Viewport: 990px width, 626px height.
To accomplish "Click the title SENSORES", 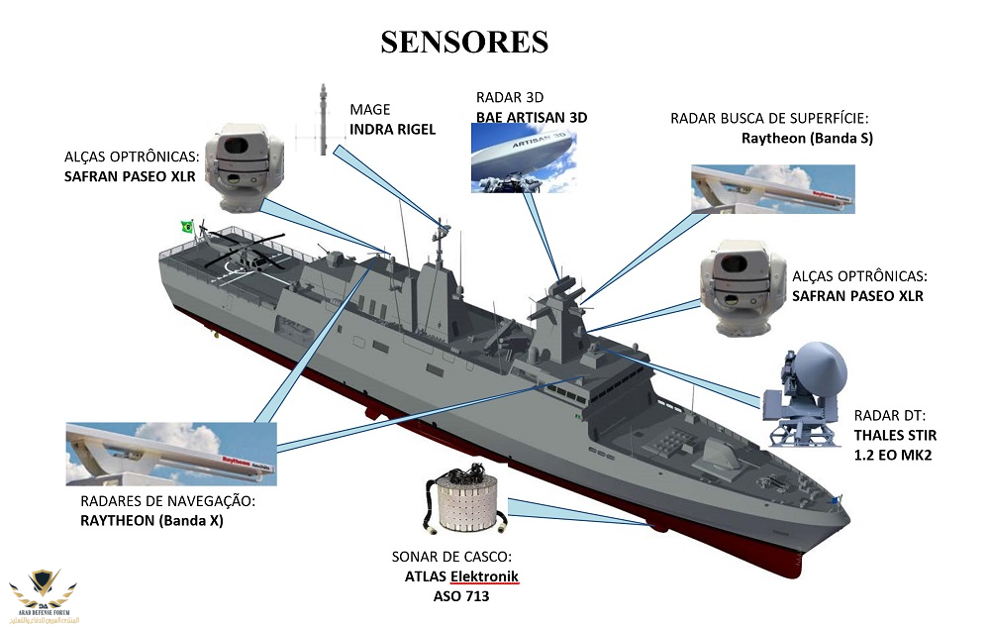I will click(x=464, y=42).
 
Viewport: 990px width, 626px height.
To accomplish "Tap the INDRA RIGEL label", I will click(x=392, y=129).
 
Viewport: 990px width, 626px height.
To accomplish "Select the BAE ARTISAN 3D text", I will click(x=532, y=117).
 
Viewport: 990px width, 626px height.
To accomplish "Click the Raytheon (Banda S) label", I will click(x=807, y=138).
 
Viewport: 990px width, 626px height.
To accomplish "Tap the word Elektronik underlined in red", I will click(x=484, y=576).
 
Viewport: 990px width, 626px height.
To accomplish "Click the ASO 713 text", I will click(x=461, y=597).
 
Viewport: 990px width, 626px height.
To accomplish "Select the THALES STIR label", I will click(x=895, y=435).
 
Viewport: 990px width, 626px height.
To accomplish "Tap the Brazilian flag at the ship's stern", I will click(x=185, y=227).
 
